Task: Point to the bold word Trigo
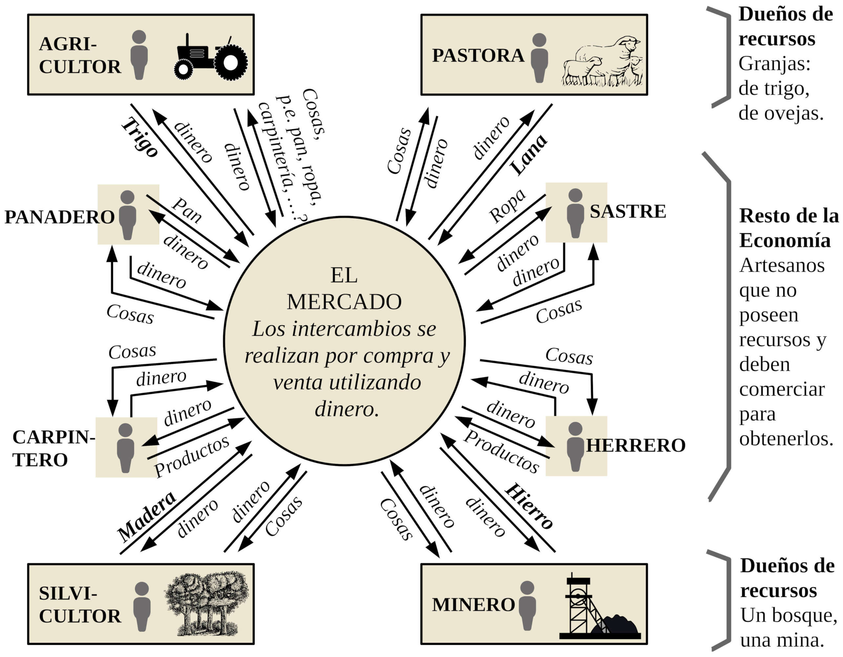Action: coord(140,138)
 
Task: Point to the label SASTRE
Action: coord(628,212)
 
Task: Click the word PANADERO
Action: coord(59,217)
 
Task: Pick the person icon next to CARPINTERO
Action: coord(126,448)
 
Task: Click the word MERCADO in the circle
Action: coord(344,302)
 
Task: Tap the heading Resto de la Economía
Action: coord(788,228)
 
